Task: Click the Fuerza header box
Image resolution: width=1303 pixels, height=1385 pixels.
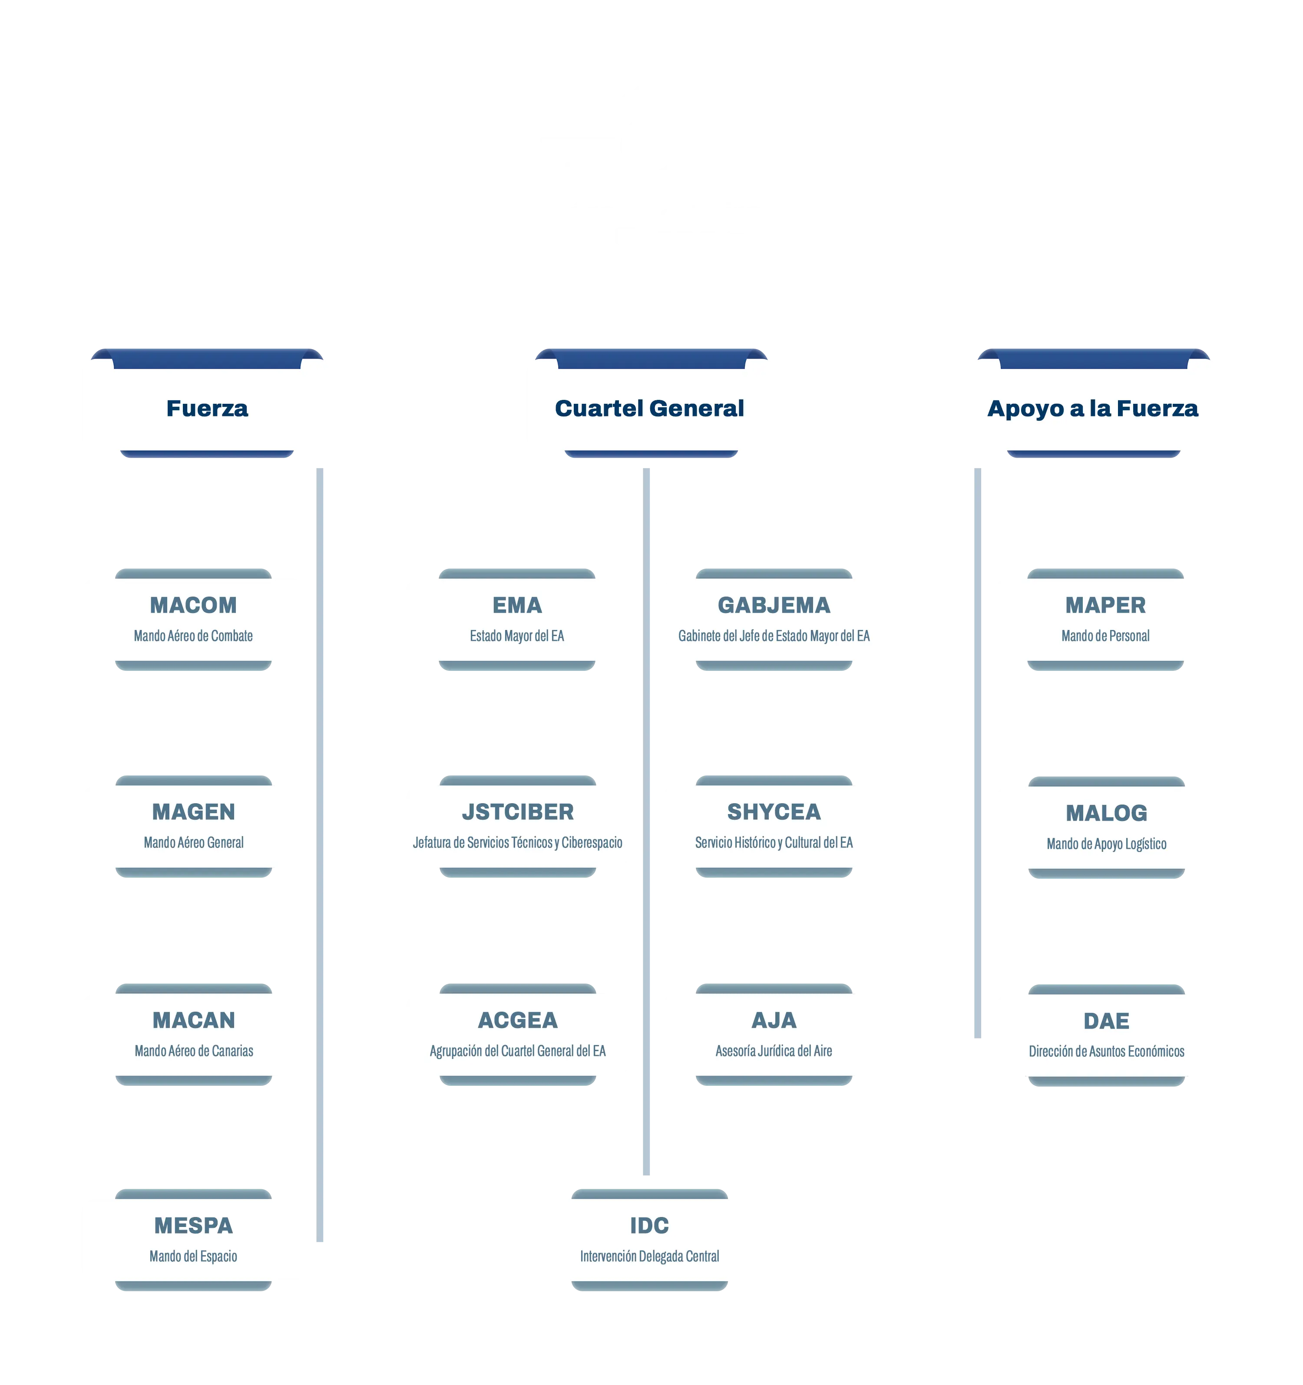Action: (x=206, y=408)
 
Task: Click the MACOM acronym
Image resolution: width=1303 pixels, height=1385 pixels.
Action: (x=193, y=605)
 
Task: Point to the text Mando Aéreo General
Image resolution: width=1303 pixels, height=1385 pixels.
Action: (x=193, y=842)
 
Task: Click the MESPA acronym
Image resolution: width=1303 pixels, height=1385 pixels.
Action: (x=193, y=1225)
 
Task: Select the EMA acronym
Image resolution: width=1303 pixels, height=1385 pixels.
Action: (x=516, y=605)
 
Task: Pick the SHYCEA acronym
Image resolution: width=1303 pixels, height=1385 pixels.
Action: (x=774, y=811)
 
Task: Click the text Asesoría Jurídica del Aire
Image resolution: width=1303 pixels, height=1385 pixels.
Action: (x=774, y=1051)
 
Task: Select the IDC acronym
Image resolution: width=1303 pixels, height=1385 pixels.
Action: (x=649, y=1225)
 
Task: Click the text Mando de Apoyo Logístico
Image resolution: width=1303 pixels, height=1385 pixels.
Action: (x=1106, y=844)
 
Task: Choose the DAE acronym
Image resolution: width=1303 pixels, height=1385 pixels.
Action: (x=1106, y=1021)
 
